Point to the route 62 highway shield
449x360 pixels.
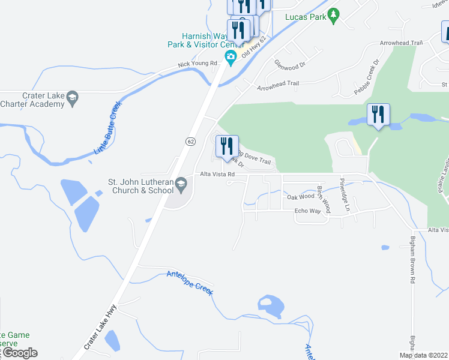pos(190,141)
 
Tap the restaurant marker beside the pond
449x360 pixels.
pos(378,115)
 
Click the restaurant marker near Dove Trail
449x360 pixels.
pos(227,147)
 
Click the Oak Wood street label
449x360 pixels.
pos(300,196)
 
